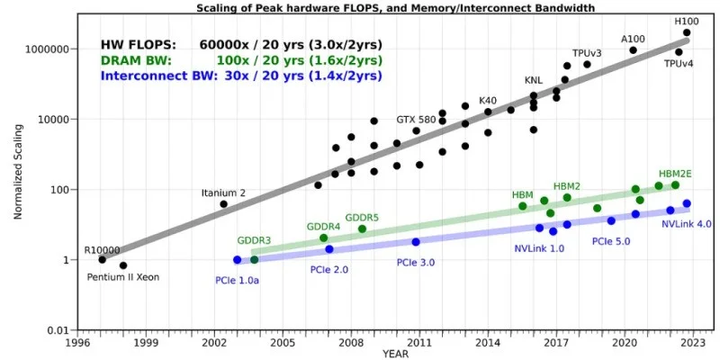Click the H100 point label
point(688,21)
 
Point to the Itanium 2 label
point(222,191)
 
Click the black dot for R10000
point(102,259)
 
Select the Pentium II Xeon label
point(123,277)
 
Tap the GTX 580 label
point(417,120)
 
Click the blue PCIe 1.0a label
point(238,281)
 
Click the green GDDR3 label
point(255,241)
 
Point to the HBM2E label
point(675,173)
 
